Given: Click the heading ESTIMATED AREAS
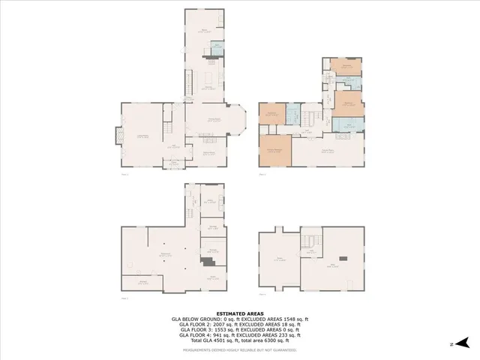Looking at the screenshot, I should pos(239,313).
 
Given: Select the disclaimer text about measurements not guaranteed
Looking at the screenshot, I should pos(239,349).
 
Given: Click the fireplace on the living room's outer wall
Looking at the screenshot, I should pos(116,136).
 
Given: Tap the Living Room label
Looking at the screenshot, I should pos(140,136).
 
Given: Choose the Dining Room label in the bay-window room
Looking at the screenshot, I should pos(214,119).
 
